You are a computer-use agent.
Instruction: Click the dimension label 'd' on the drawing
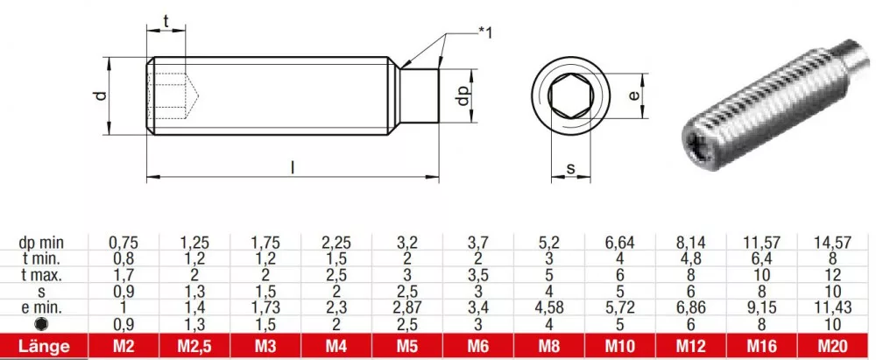(101, 95)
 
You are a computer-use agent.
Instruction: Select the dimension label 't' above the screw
(166, 20)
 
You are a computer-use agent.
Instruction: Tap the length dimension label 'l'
(293, 167)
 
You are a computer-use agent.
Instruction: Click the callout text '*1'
(485, 33)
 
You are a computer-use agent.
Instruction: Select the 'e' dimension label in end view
(633, 95)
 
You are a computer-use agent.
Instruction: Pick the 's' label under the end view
(570, 167)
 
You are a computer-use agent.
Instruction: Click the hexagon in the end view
(570, 95)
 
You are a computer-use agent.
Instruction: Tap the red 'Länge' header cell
(44, 346)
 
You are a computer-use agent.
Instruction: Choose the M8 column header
(549, 346)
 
